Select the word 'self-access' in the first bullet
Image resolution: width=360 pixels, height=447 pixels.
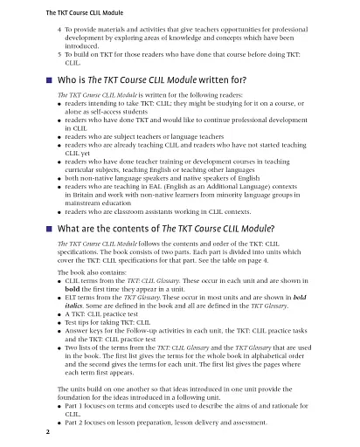[x=104, y=111]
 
